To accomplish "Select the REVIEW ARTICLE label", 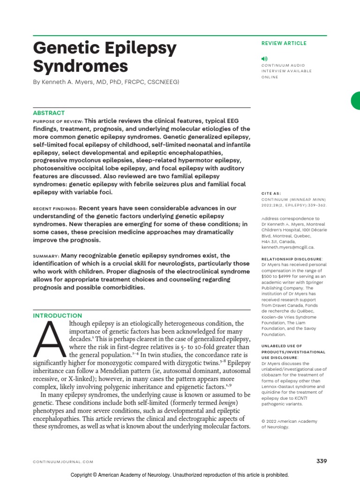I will [284, 44].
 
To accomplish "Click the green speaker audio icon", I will [264, 59].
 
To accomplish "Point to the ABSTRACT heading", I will [49, 113].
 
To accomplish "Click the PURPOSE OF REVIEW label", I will [58, 121].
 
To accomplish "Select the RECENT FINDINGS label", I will [55, 209].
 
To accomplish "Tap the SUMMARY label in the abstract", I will [45, 256].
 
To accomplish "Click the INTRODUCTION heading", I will [57, 316].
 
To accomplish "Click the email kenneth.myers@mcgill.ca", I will [287, 247].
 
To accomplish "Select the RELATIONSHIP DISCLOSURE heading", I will [292, 258].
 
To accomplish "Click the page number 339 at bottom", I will [321, 461].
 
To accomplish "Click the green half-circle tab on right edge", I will [356, 101].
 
